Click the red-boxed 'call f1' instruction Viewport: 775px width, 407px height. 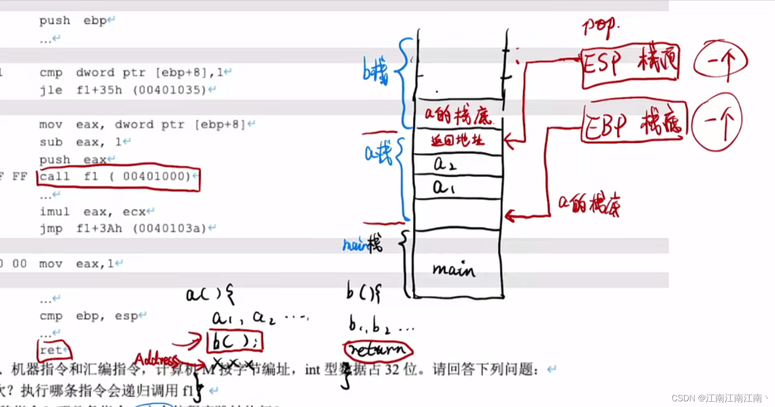(118, 177)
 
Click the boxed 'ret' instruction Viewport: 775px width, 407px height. (53, 350)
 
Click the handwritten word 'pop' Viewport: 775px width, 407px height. (599, 26)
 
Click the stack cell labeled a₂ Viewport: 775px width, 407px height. (457, 165)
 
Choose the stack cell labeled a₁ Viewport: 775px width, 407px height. (457, 188)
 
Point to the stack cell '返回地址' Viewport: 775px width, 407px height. (457, 140)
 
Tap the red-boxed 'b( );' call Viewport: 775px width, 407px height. (235, 341)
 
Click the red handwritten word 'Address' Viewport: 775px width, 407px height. (156, 360)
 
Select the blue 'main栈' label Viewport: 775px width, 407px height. (362, 244)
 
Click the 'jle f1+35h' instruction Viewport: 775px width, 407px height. (123, 90)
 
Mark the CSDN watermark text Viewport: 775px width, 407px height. (720, 398)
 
